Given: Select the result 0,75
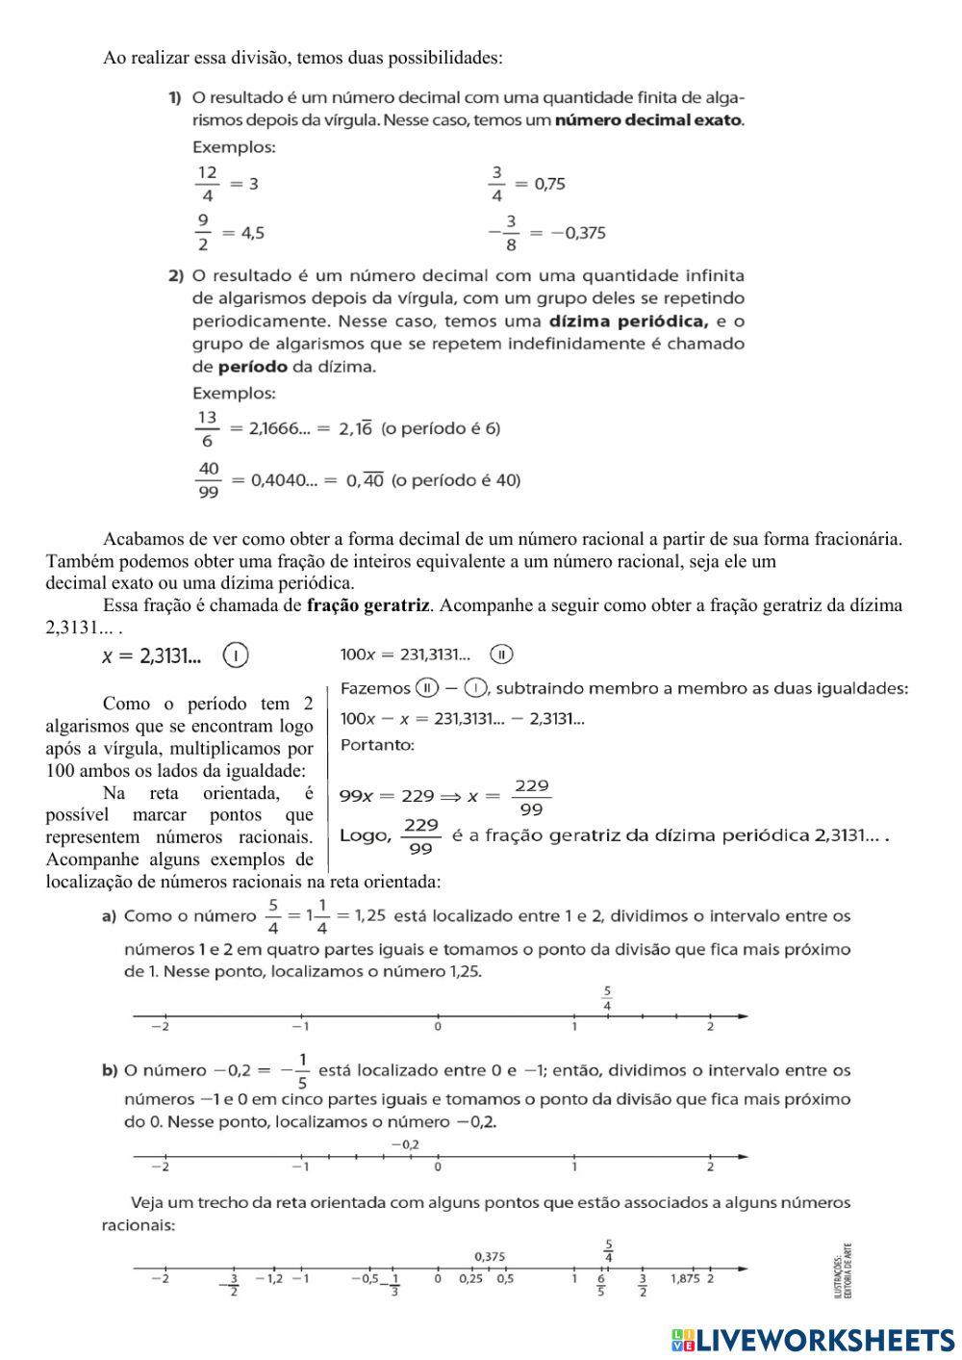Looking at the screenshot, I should pyautogui.click(x=549, y=184).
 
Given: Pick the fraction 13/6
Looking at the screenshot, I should pyautogui.click(x=207, y=429).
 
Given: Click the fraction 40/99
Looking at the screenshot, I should pyautogui.click(x=208, y=480).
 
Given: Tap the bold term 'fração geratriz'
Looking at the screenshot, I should pyautogui.click(x=367, y=605).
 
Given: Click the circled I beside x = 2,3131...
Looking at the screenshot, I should pyautogui.click(x=235, y=656).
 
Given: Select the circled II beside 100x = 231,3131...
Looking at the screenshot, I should pyautogui.click(x=501, y=654).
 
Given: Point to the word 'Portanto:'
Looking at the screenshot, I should pyautogui.click(x=377, y=745).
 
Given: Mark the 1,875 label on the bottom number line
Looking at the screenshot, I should pyautogui.click(x=684, y=1278).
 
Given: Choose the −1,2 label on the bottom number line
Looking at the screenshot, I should pyautogui.click(x=269, y=1278).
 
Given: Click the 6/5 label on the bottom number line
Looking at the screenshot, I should pyautogui.click(x=601, y=1284).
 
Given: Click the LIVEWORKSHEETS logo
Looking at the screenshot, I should pyautogui.click(x=813, y=1339).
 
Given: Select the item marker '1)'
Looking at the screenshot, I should pyautogui.click(x=175, y=97).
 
